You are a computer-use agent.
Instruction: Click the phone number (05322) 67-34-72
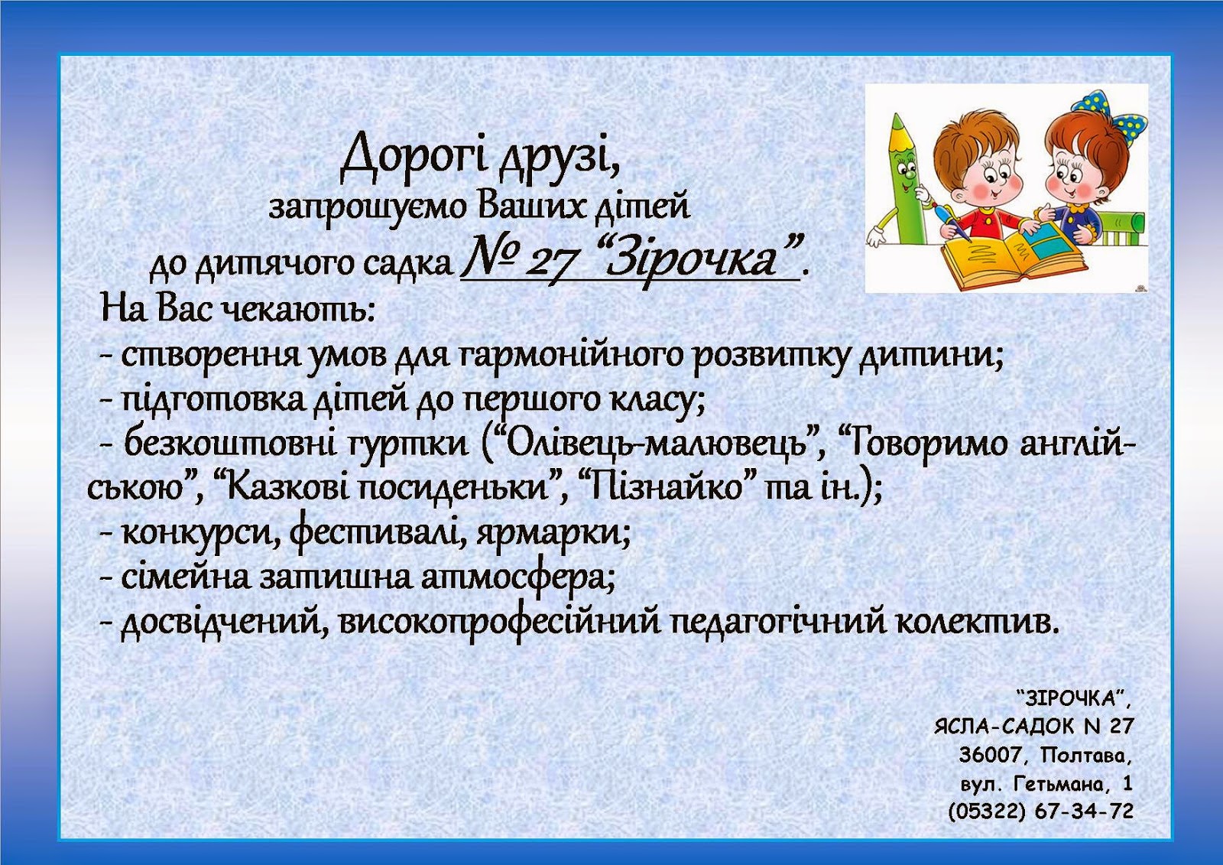pos(1040,811)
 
